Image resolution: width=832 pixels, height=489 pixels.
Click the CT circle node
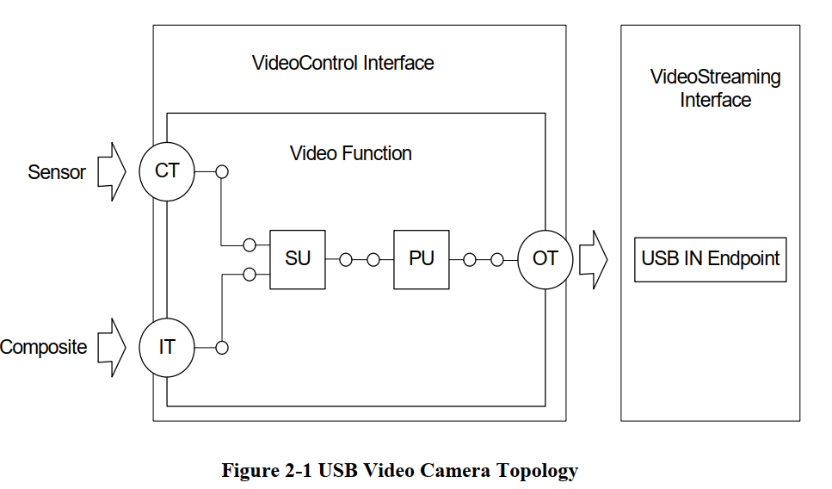pyautogui.click(x=167, y=171)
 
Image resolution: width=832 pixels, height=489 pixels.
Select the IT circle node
pyautogui.click(x=167, y=347)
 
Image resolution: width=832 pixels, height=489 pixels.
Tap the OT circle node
pyautogui.click(x=545, y=258)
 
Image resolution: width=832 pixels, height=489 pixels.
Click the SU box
pyautogui.click(x=298, y=258)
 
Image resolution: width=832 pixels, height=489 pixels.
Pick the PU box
pyautogui.click(x=422, y=258)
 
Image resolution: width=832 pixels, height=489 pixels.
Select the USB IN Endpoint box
pyautogui.click(x=711, y=258)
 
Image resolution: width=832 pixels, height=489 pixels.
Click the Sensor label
pyautogui.click(x=57, y=172)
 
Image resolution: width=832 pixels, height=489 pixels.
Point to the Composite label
pyautogui.click(x=44, y=348)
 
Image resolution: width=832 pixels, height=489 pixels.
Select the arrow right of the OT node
pyautogui.click(x=594, y=258)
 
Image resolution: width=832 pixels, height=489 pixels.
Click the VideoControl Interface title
pyautogui.click(x=342, y=63)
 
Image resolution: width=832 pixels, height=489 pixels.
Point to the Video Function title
pyautogui.click(x=351, y=153)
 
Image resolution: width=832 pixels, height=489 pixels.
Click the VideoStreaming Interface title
pyautogui.click(x=716, y=89)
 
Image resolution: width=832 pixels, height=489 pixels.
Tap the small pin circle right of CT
pyautogui.click(x=221, y=171)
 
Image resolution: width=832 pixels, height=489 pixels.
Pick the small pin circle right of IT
pyautogui.click(x=221, y=348)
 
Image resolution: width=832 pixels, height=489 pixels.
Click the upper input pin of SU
pyautogui.click(x=250, y=244)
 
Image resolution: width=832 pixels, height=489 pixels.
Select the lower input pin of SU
pyautogui.click(x=250, y=274)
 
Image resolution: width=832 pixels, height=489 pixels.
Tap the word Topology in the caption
pyautogui.click(x=536, y=471)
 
